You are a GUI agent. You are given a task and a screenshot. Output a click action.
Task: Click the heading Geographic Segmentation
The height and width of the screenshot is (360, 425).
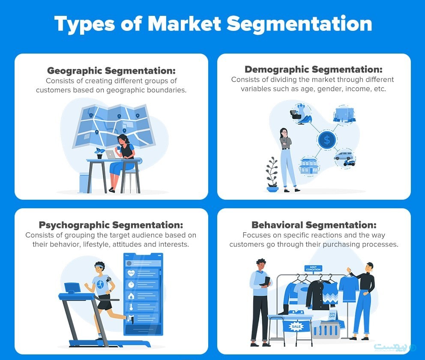tap(111, 71)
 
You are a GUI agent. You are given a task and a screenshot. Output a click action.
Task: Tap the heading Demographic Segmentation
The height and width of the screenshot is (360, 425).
tap(313, 69)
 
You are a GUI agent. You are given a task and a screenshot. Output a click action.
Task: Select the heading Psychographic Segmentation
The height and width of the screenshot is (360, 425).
tap(111, 225)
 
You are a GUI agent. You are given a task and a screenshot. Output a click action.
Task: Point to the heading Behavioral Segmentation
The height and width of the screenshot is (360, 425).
tap(314, 225)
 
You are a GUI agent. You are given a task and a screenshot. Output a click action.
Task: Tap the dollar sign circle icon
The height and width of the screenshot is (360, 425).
tap(327, 140)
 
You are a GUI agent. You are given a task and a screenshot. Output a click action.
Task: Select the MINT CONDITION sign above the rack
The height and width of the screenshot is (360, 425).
tap(313, 269)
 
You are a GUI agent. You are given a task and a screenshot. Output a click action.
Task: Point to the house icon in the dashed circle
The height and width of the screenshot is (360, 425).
tap(309, 165)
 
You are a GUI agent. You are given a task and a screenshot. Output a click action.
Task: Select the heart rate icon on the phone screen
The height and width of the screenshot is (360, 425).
tap(130, 273)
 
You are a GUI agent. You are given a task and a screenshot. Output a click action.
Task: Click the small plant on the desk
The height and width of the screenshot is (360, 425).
tap(99, 153)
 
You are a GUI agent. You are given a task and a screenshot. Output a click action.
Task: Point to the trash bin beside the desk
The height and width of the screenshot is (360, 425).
tap(85, 183)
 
